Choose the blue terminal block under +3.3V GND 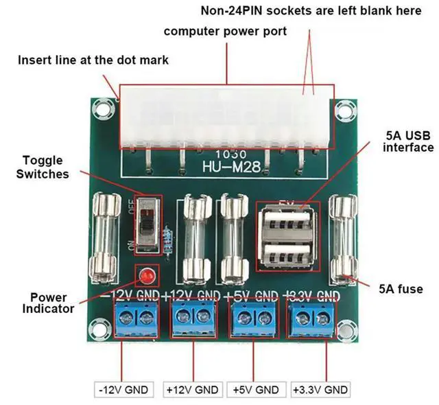313,318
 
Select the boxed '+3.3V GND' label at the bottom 320,389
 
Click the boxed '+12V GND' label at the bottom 193,389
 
